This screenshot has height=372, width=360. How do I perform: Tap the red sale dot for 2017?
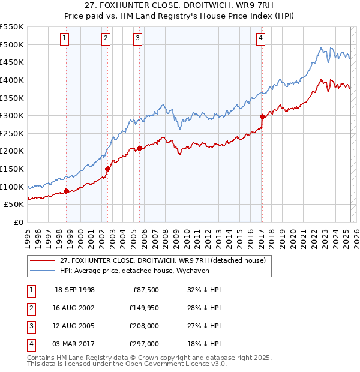tap(262, 117)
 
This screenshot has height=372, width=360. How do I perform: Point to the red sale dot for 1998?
tap(66, 191)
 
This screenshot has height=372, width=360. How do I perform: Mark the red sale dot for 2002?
tap(107, 169)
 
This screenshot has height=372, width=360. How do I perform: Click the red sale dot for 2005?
tap(139, 148)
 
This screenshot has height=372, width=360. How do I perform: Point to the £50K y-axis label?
tap(14, 205)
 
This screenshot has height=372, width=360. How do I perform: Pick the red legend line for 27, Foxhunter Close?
tap(42, 260)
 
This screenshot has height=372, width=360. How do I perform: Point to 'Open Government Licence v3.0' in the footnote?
tap(175, 364)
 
